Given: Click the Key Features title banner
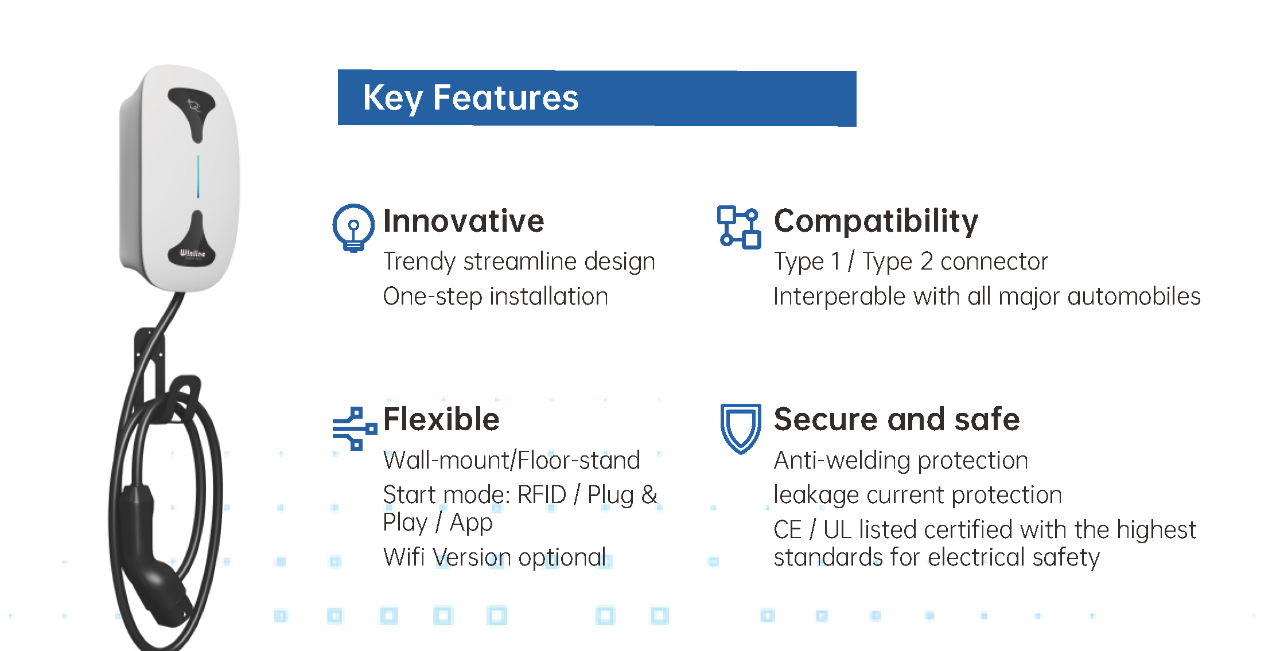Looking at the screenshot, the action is click(597, 98).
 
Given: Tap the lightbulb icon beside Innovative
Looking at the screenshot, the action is click(353, 228).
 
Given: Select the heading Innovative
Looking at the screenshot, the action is click(464, 221).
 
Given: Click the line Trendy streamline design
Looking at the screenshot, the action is click(519, 262).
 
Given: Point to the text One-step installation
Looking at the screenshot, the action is click(495, 297).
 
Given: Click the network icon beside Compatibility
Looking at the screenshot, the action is click(739, 227).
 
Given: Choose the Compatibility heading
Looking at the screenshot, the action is click(876, 221).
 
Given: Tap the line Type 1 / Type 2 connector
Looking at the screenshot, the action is click(911, 262).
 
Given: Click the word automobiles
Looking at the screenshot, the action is click(1134, 297).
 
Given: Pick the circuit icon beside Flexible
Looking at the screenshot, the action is click(355, 428).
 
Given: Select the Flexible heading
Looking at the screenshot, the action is click(441, 419).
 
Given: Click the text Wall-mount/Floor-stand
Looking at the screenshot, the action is click(511, 460).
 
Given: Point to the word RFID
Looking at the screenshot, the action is click(542, 494).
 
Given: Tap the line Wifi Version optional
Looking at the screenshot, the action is click(495, 557).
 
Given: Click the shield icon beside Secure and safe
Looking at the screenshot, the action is click(741, 428).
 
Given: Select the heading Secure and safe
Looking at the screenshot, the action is click(897, 419).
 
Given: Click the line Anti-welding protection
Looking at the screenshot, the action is click(901, 461).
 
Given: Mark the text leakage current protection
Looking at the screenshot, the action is click(917, 495).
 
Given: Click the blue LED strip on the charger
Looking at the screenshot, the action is click(198, 176).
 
